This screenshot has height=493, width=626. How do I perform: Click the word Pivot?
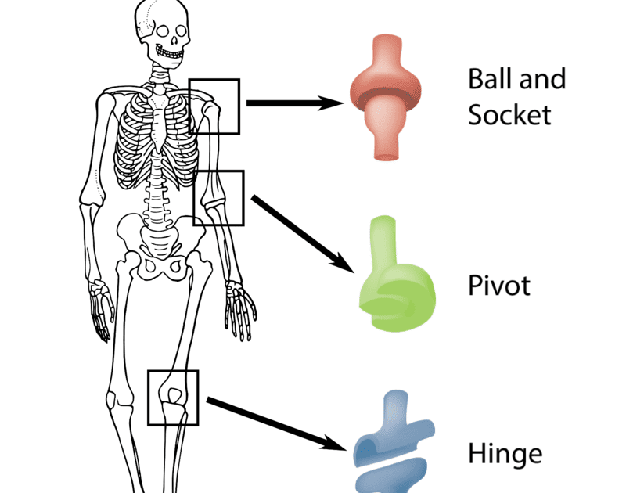pyautogui.click(x=498, y=286)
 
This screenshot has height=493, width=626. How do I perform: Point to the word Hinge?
pyautogui.click(x=505, y=453)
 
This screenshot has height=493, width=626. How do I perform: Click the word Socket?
pyautogui.click(x=509, y=115)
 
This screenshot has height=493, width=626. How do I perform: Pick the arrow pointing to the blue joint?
pyautogui.click(x=278, y=424)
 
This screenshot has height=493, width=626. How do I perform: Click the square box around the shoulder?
pyautogui.click(x=214, y=106)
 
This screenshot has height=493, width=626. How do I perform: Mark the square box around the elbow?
pyautogui.click(x=218, y=198)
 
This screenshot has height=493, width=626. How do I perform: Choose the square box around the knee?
pyautogui.click(x=173, y=398)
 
